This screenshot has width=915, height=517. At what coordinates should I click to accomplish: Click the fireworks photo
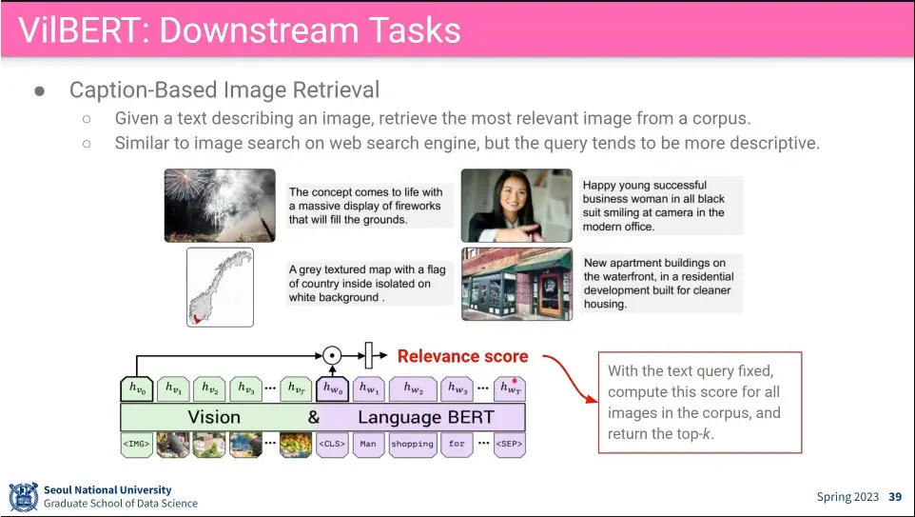tap(220, 206)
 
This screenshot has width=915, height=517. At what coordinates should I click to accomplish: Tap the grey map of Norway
tap(220, 287)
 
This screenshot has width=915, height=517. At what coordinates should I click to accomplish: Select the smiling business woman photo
tap(516, 206)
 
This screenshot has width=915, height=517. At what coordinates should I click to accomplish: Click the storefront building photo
tap(516, 284)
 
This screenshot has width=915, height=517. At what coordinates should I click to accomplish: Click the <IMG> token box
tap(137, 444)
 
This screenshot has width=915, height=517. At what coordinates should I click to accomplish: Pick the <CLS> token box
tap(332, 444)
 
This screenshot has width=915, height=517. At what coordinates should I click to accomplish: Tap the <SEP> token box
tap(510, 444)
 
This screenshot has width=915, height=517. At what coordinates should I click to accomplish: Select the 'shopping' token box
tap(413, 444)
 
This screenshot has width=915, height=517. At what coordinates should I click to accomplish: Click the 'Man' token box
tap(368, 444)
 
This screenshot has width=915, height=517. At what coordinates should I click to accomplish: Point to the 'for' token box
tap(457, 444)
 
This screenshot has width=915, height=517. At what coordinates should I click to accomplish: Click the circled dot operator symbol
tap(332, 355)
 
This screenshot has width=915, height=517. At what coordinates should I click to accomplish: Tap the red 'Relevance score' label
tap(463, 356)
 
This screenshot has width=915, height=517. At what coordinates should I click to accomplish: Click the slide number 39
tap(895, 497)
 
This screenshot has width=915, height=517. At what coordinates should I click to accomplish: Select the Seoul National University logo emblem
tap(24, 497)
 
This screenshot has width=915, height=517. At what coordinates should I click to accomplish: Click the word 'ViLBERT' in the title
tap(78, 30)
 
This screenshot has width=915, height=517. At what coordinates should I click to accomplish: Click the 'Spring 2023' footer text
tap(847, 497)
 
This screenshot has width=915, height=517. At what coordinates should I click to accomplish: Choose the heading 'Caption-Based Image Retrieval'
tap(224, 89)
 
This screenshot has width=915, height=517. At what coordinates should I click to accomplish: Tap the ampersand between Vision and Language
tap(313, 417)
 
